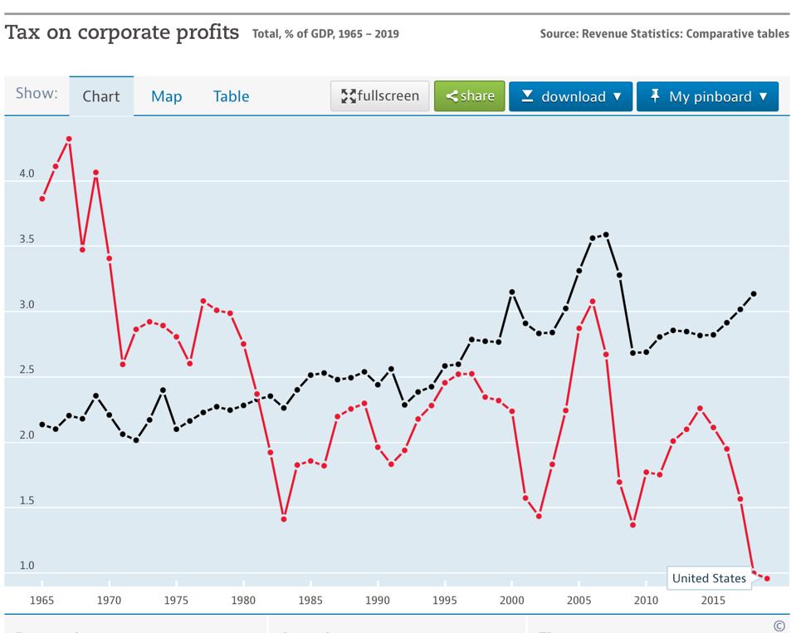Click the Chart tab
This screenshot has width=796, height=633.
coord(101,96)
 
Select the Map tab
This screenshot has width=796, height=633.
coord(166,96)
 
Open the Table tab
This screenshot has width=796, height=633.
coord(231,96)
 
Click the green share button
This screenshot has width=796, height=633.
coord(469,96)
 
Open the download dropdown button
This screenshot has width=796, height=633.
coord(570,96)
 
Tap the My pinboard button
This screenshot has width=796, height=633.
coord(707,96)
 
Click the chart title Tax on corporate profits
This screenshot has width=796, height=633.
coord(122,32)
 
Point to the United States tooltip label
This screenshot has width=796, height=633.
coord(709,578)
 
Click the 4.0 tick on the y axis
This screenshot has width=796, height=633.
coord(27,174)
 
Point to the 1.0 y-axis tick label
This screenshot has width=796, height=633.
coord(27,566)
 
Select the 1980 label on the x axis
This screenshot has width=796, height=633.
coord(243,601)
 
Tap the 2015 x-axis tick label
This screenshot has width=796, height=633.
coord(712,601)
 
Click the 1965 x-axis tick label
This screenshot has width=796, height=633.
coord(42,601)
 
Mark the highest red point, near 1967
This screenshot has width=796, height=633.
coord(69,139)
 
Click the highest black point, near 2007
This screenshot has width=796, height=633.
coord(606,234)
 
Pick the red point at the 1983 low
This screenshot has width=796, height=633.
coord(284,519)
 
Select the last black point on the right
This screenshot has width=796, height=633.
coord(754,293)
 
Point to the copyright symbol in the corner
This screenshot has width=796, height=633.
coord(779,626)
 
